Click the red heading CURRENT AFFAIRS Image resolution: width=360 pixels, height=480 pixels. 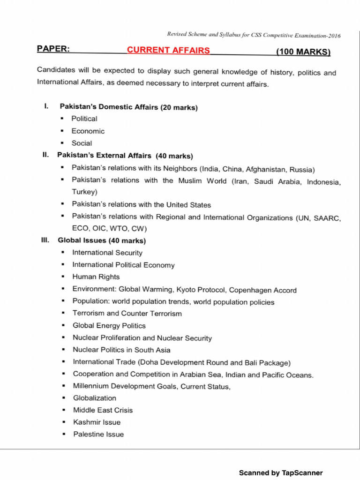click(x=168, y=50)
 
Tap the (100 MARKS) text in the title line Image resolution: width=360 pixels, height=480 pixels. click(x=303, y=52)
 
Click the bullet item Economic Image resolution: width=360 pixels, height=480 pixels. click(x=88, y=131)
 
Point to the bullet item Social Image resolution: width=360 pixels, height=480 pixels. click(x=82, y=143)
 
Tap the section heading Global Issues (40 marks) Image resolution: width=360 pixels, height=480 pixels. click(x=101, y=240)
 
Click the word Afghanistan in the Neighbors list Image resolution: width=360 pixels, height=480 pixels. click(x=264, y=169)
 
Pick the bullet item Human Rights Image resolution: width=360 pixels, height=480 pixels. click(x=96, y=277)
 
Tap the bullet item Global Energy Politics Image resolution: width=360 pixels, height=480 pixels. click(x=109, y=326)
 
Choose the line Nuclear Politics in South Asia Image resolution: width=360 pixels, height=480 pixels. click(x=121, y=350)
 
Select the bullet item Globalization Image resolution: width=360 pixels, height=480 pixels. click(x=94, y=398)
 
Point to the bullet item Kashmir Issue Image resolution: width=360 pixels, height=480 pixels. click(x=97, y=422)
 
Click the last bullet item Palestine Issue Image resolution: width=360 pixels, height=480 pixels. click(x=98, y=435)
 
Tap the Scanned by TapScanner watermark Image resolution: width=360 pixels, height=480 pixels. click(x=281, y=473)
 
